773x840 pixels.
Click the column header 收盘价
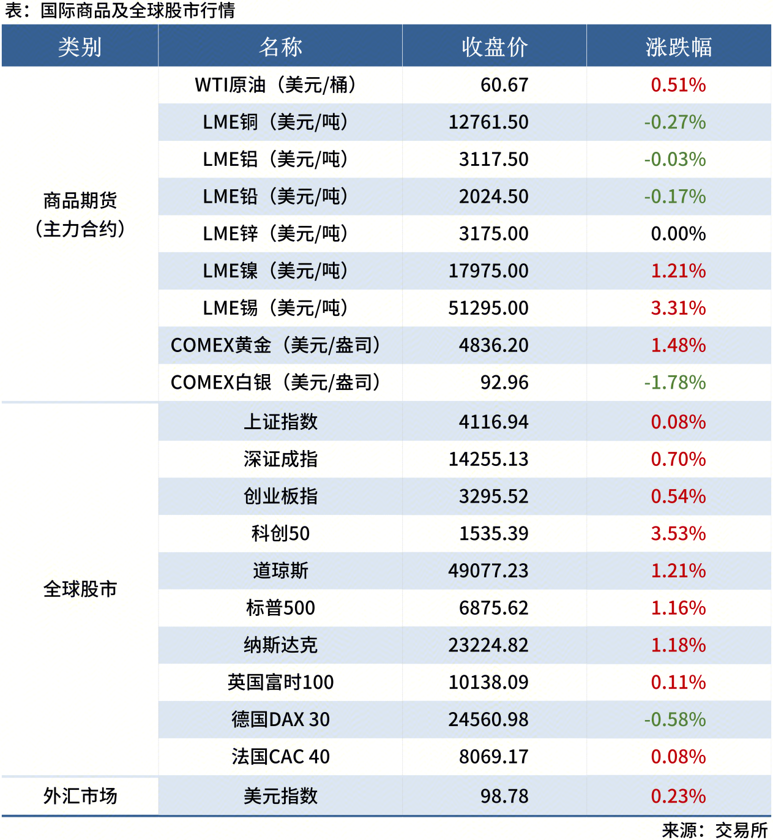495,47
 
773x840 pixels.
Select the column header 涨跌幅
678,47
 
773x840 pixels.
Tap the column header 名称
280,47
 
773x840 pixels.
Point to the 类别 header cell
80,47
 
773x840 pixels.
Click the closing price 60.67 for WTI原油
504,85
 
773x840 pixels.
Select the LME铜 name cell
275,122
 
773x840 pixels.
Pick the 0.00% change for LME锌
678,234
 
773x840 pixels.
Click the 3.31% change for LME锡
678,308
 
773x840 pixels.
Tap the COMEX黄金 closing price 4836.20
493,345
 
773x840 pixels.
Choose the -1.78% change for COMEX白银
675,383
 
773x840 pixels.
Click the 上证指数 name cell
280,422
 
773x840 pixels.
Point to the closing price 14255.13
488,459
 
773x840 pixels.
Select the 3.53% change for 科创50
678,534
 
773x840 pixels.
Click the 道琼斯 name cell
280,571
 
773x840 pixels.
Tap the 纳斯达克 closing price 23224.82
488,645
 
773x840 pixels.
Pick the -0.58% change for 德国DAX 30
675,719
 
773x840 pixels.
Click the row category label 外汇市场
80,796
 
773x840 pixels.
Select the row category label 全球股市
80,589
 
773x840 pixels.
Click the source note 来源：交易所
714,830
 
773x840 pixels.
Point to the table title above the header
120,11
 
